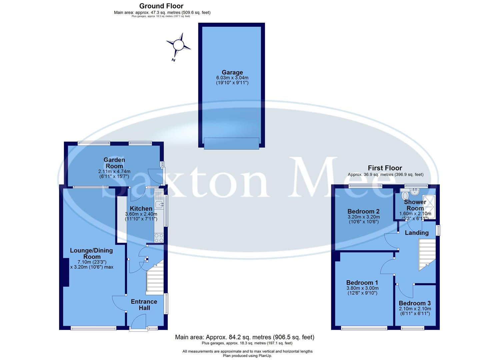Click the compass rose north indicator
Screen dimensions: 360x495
[178, 45]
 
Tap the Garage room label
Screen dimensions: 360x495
[232, 72]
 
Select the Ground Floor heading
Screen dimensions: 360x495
[161, 6]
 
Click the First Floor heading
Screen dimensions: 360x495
[385, 168]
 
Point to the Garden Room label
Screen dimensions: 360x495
[114, 163]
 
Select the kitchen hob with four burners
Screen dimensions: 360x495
[159, 238]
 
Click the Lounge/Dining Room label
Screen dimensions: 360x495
[91, 253]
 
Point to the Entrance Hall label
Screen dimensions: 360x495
[144, 305]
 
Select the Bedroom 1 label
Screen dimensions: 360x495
[362, 282]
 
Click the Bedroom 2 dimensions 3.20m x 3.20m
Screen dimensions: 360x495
[363, 217]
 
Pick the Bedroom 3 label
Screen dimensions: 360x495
[415, 303]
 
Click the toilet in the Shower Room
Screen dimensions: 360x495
[405, 195]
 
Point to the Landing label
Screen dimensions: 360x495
[417, 233]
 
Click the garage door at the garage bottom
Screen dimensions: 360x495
[231, 143]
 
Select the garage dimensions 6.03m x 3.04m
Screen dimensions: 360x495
[232, 78]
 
